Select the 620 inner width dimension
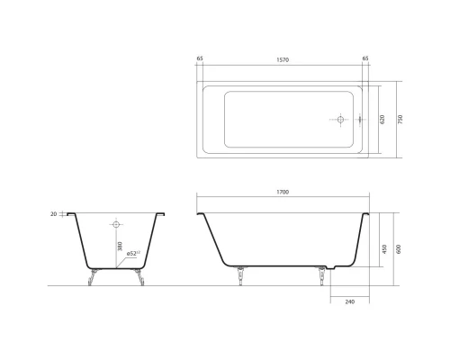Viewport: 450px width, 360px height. point(382,119)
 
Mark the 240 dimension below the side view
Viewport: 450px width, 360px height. point(350,300)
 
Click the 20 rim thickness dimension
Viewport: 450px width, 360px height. point(54,214)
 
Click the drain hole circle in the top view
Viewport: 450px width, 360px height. point(341,119)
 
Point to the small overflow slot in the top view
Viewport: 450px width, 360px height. point(357,119)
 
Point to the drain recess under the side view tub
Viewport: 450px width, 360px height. point(339,268)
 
